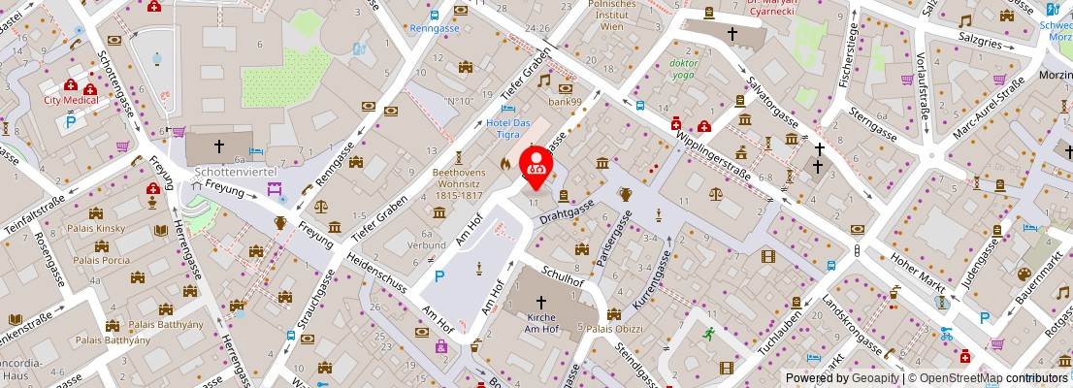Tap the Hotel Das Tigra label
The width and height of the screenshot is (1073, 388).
tap(507, 129)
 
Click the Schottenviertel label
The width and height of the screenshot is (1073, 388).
tap(236, 171)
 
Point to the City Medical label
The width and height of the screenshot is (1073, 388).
tap(71, 100)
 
